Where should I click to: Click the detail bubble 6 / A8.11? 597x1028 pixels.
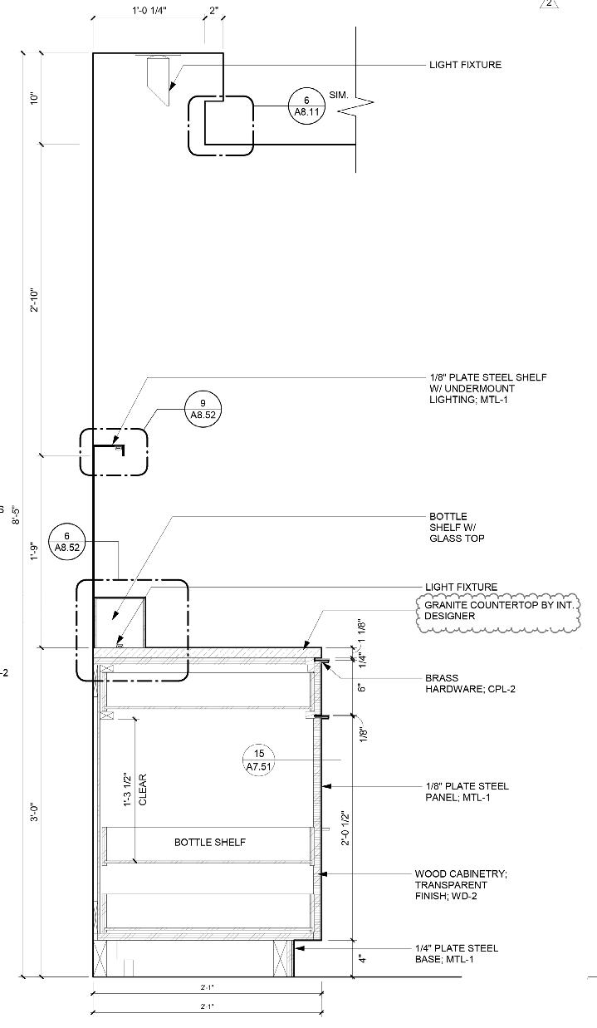tap(306, 106)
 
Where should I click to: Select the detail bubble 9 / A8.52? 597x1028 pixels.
tap(203, 408)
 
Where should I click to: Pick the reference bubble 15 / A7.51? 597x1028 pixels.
tap(260, 760)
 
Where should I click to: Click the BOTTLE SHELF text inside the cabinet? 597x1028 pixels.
tap(210, 842)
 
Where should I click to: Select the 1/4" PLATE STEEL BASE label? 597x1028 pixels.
tap(457, 953)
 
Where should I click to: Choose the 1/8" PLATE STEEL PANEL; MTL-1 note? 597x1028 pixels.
tap(467, 792)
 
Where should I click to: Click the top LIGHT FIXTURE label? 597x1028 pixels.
tap(465, 65)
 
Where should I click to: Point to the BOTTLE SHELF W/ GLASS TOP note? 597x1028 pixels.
tap(457, 528)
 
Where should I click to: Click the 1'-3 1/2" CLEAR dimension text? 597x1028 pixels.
tap(135, 789)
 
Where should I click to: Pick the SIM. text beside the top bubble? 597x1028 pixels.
tap(339, 96)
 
